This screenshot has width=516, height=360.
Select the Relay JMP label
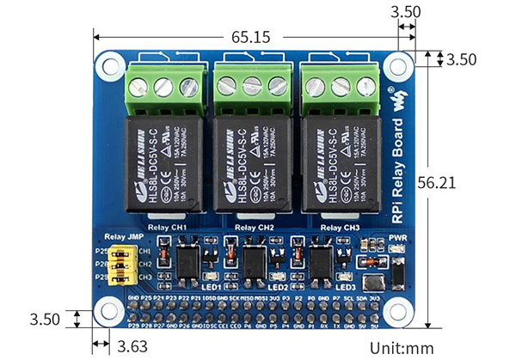121,236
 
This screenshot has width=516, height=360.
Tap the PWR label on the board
397,237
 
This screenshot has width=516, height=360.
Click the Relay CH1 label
168,227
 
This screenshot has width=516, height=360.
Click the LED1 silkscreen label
211,286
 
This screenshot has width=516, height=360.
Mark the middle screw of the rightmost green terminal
339,86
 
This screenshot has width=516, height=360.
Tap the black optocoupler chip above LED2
255,259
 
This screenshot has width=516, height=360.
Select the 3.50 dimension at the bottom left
44,319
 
